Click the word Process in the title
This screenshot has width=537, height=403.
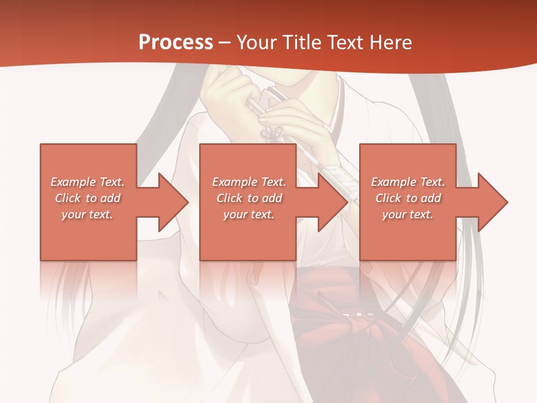[x=176, y=43]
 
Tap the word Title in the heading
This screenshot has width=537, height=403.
[x=300, y=43]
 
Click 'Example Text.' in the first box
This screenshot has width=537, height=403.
[x=88, y=182]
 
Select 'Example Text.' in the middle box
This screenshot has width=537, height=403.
[x=249, y=182]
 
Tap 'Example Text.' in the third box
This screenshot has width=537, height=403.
[x=408, y=182]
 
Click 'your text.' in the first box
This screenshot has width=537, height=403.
[x=88, y=214]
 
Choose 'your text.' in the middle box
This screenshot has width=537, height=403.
[x=249, y=214]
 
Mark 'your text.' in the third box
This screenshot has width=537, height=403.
[x=408, y=214]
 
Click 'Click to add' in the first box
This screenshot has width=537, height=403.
[x=88, y=198]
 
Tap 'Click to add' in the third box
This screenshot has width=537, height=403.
[x=408, y=198]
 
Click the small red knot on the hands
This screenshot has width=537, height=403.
[x=274, y=133]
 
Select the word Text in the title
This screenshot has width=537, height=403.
[x=345, y=43]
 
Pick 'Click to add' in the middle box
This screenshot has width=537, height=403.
[x=249, y=198]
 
